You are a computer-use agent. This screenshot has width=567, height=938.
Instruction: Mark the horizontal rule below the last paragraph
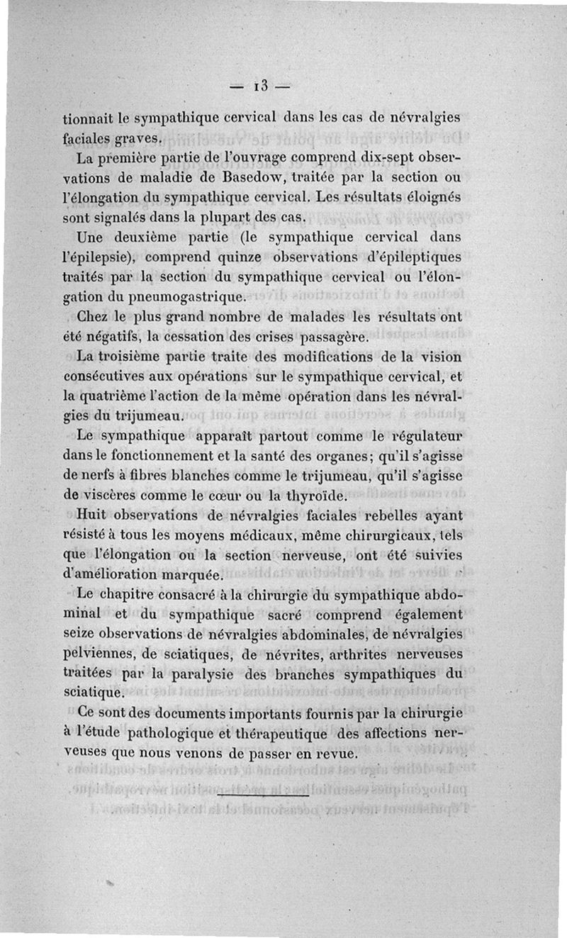pos(263,795)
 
